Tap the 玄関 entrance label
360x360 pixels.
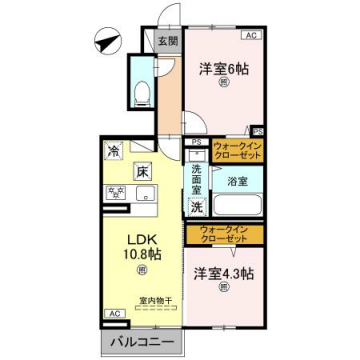point(167,42)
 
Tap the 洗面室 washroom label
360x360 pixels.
point(198,176)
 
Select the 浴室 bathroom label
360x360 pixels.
point(237,182)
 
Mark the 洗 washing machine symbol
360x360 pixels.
point(198,208)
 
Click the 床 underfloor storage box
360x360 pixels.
point(144,172)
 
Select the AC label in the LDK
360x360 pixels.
point(115,313)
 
